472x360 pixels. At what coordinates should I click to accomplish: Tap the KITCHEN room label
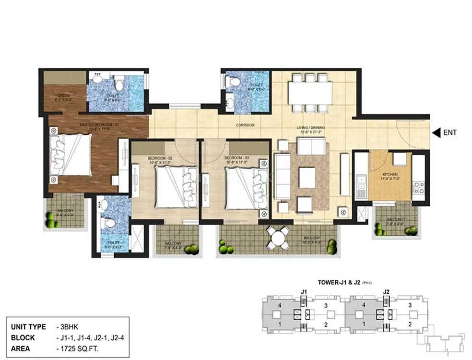pyautogui.click(x=389, y=174)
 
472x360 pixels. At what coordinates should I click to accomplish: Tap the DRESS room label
pyautogui.click(x=64, y=95)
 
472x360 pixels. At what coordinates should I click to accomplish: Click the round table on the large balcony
pyautogui.click(x=278, y=238)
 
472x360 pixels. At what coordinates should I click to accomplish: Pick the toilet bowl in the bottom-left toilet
pyautogui.click(x=109, y=223)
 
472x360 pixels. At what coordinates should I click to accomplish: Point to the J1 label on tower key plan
pyautogui.click(x=304, y=290)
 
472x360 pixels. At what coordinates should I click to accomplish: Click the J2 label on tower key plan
pyautogui.click(x=386, y=290)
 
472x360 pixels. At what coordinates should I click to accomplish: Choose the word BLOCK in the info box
pyautogui.click(x=22, y=337)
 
